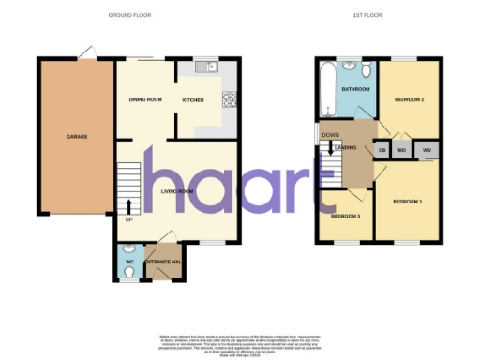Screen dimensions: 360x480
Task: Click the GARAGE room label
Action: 77,137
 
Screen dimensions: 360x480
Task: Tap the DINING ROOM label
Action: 146,99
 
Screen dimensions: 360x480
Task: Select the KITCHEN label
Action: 193,99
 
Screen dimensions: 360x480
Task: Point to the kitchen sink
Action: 205,67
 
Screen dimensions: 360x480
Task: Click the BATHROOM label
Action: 355,89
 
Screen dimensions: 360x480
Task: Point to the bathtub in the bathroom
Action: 327,89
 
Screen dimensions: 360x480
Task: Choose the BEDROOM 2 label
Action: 410,98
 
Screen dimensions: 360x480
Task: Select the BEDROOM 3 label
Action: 344,217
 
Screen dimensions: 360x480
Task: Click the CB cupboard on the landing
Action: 382,150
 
